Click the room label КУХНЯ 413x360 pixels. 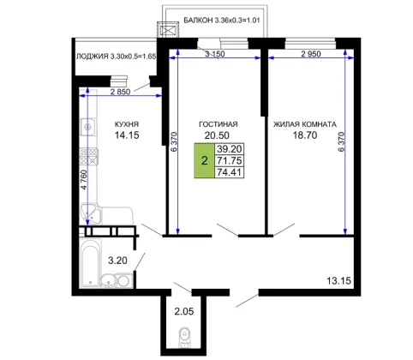pos(127,124)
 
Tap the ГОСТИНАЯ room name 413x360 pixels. pos(218,124)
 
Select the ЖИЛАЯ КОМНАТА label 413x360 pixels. pos(305,124)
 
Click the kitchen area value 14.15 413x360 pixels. pos(127,135)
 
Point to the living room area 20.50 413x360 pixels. pos(217,135)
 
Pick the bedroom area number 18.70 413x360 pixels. pos(305,135)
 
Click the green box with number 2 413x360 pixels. pos(204,160)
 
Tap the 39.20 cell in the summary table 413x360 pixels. pos(230,148)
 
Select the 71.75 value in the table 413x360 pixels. pos(230,160)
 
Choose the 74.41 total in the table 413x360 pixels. pos(230,172)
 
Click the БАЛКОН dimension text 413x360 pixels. pos(222,21)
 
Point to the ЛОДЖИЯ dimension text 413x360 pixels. pos(116,57)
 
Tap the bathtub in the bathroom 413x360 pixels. pos(90,263)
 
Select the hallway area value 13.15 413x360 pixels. pos(338,280)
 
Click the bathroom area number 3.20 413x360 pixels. pos(117,261)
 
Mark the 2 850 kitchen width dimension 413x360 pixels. pos(120,92)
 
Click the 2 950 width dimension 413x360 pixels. pos(311,54)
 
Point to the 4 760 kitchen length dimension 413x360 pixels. pos(83,180)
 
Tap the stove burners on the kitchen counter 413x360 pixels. pos(89,157)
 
